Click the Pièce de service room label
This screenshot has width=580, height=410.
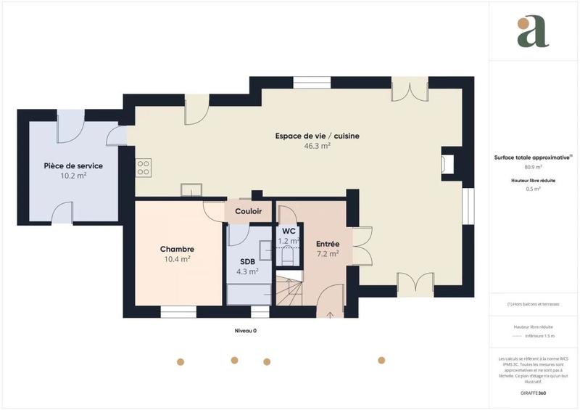(73, 165)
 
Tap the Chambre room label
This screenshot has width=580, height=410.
(177, 249)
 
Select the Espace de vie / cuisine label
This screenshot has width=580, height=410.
(318, 136)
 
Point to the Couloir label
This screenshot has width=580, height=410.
(249, 211)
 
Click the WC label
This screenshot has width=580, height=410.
(289, 231)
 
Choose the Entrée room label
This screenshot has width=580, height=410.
(328, 244)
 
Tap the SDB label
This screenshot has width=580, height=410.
(247, 261)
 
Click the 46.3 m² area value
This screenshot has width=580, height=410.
(318, 146)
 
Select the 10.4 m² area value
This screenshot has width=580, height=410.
(177, 259)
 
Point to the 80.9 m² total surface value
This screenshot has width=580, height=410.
(534, 167)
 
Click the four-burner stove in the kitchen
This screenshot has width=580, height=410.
(144, 168)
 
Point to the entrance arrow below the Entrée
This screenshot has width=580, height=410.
(331, 315)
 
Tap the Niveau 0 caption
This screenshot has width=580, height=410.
(245, 330)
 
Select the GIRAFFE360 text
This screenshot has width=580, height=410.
(533, 392)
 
